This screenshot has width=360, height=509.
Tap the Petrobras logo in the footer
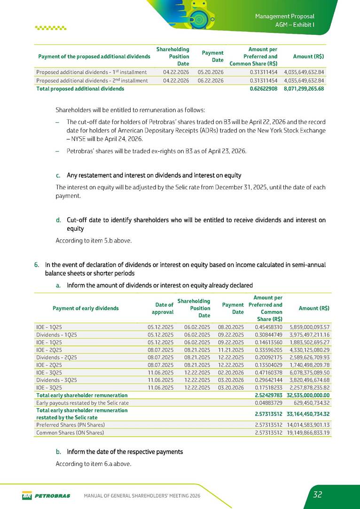(46, 496)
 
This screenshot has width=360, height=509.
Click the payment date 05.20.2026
(210, 72)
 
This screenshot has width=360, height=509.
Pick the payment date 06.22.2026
(210, 80)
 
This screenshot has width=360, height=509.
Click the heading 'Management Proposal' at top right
(284, 16)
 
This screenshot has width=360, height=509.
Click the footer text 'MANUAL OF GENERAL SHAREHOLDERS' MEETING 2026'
(142, 496)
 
